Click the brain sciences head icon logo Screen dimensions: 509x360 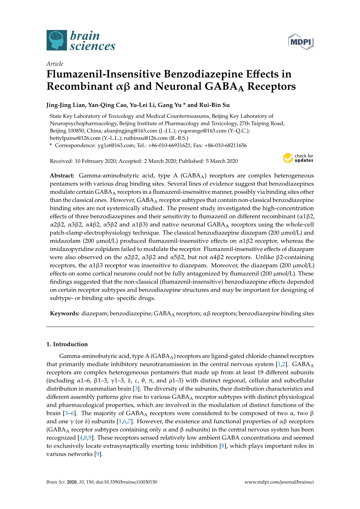(56, 40)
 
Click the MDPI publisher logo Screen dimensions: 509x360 (301, 42)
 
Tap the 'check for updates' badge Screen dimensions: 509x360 (298, 158)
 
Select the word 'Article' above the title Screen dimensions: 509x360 (55, 64)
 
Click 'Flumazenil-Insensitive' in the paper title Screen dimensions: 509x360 (103, 74)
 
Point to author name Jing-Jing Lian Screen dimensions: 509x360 (66, 105)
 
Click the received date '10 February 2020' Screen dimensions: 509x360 (95, 161)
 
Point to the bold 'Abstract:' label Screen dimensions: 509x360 (62, 175)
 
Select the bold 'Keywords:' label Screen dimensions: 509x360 (65, 313)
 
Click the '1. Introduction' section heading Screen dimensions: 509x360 (67, 344)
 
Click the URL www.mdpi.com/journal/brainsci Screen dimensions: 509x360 (279, 482)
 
